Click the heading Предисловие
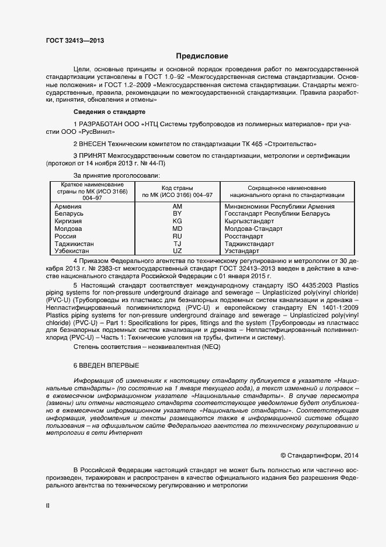[201, 56]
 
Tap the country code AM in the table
[178, 206]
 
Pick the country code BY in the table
[178, 214]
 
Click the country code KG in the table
[178, 221]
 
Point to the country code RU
[178, 236]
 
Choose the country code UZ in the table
[178, 251]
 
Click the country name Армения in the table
[68, 206]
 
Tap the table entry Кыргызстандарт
[249, 221]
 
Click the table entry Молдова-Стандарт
[253, 229]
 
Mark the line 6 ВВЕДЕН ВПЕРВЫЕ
[106, 365]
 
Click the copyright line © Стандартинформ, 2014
[316, 455]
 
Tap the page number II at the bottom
[48, 506]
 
